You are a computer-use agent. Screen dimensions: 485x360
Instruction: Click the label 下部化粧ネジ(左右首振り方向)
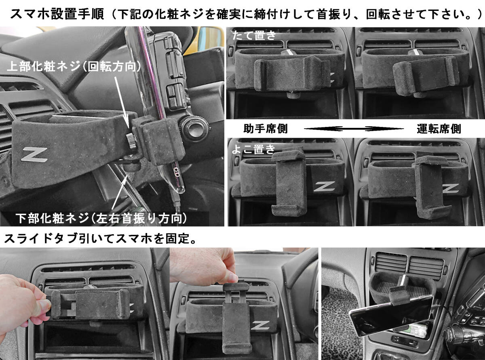(101, 218)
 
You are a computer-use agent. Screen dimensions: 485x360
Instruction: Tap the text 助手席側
(266, 129)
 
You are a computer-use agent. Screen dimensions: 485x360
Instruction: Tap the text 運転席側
(439, 129)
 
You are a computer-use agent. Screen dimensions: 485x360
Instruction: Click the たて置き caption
(254, 36)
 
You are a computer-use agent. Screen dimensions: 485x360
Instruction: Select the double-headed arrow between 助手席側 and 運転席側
(354, 129)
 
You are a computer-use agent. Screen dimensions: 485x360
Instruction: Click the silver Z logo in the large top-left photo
(34, 154)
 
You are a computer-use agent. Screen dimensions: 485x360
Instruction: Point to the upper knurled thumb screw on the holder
(131, 140)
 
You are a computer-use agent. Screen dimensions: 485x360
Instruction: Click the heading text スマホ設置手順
(57, 14)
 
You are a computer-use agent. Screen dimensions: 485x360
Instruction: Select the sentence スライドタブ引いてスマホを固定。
(100, 238)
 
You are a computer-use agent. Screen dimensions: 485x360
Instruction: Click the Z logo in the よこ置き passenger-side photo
(324, 187)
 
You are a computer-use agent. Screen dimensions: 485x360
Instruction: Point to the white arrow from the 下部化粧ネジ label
(119, 193)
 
